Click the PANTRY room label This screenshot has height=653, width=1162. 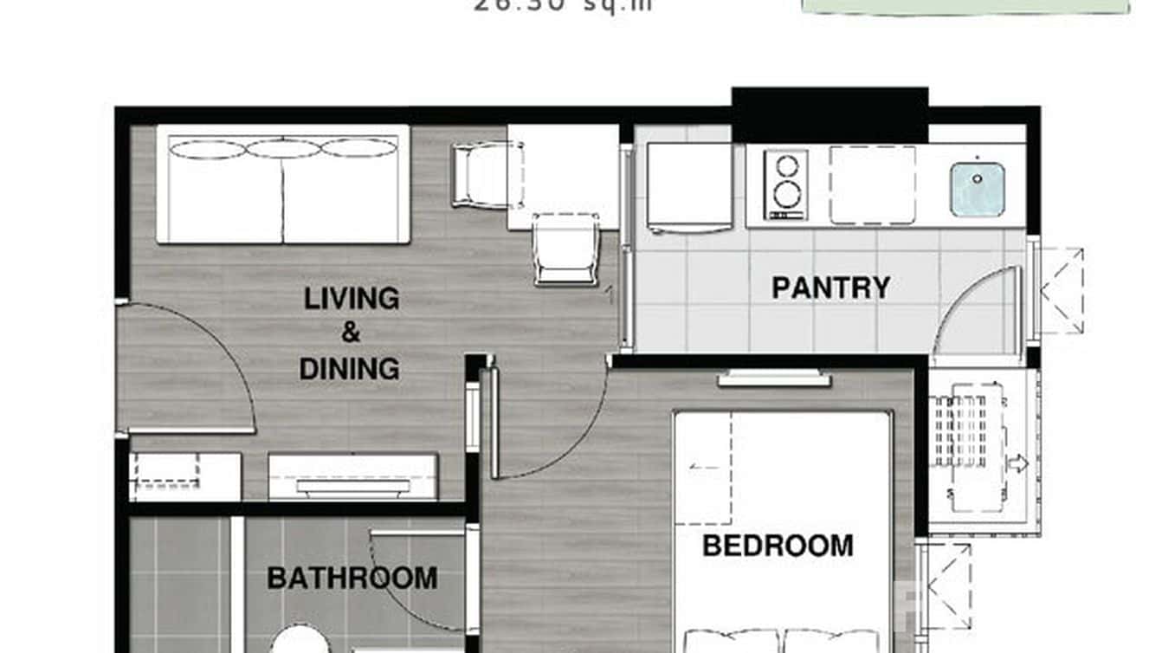pos(830,288)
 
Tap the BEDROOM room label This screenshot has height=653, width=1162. pos(777,546)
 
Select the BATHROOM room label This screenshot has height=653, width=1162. pos(352,578)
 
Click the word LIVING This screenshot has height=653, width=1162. pos(351,299)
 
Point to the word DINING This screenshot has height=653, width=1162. pos(349,369)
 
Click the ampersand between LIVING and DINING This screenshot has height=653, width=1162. pos(351,333)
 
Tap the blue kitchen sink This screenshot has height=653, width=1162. pos(977,189)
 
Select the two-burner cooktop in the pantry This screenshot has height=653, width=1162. pos(785,184)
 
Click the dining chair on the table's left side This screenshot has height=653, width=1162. pos(484,175)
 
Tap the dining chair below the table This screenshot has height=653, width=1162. pos(565,249)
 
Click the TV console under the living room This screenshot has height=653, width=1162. pos(352,477)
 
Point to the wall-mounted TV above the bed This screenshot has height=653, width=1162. pos(773,378)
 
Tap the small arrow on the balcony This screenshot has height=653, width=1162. pos(1017,463)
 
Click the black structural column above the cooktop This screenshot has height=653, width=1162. pos(830,114)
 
